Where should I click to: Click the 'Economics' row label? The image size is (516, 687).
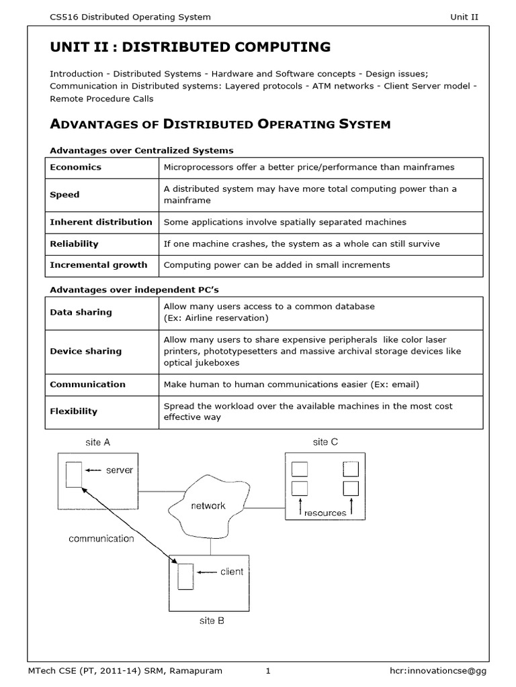(75, 167)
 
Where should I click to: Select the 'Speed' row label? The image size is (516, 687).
(64, 195)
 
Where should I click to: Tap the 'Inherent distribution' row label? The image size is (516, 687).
(101, 222)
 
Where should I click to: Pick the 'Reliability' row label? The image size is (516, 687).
(74, 244)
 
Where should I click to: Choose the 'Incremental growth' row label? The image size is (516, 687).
(98, 265)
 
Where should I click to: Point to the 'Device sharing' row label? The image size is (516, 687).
(85, 351)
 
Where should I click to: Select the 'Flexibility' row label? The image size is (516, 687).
(73, 411)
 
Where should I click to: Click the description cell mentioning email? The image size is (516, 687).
(291, 384)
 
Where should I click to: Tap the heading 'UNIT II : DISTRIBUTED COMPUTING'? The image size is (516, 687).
(190, 47)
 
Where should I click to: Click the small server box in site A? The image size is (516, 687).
(74, 474)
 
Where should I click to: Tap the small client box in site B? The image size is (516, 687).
(185, 576)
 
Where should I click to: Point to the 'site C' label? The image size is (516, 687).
(326, 442)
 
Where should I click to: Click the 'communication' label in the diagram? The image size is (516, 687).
(101, 538)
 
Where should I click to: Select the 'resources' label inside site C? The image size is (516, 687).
(325, 513)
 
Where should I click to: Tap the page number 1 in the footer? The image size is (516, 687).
(267, 671)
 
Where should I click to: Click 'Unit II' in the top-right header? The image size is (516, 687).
(464, 17)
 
